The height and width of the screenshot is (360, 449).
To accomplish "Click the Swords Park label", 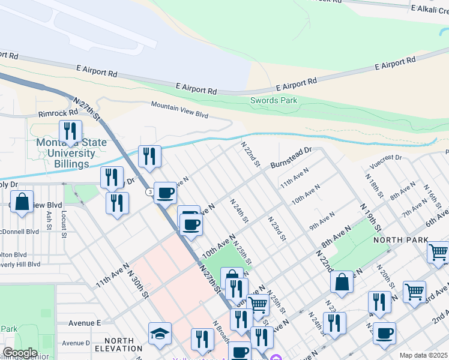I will (274, 100).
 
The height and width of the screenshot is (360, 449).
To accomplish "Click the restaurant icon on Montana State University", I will (70, 131).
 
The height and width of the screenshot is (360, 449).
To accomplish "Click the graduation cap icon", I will (160, 334).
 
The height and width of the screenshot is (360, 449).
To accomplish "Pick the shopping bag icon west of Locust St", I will (22, 203).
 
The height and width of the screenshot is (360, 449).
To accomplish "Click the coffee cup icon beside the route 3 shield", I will (165, 193).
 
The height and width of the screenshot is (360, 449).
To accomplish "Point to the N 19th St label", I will (371, 217).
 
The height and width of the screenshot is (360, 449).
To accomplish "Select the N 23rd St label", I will (277, 229).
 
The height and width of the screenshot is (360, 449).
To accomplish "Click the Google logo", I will (20, 353).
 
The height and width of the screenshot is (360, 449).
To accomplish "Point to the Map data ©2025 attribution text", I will (423, 355).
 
